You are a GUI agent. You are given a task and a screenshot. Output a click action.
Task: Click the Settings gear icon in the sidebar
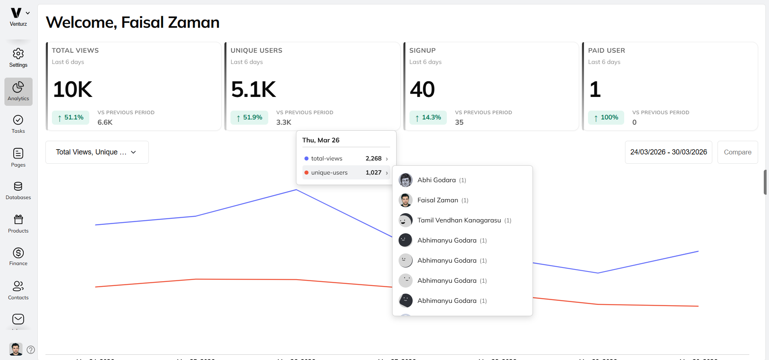pyautogui.click(x=18, y=54)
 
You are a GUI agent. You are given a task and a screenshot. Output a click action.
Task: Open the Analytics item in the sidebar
pyautogui.click(x=18, y=92)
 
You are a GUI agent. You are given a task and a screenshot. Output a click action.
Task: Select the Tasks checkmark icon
pyautogui.click(x=18, y=120)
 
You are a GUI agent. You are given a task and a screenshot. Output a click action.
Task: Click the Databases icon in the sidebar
pyautogui.click(x=18, y=187)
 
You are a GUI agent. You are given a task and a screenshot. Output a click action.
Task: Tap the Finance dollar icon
pyautogui.click(x=18, y=253)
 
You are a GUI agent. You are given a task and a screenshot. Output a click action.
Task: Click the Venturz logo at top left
pyautogui.click(x=16, y=13)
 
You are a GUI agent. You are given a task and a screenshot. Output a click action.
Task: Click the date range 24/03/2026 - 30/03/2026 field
pyautogui.click(x=668, y=152)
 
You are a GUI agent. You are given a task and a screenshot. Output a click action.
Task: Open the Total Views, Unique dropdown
pyautogui.click(x=97, y=152)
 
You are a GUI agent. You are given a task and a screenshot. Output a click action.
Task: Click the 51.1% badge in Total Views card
pyautogui.click(x=70, y=117)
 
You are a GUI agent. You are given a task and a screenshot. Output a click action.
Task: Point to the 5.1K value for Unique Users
pyautogui.click(x=253, y=89)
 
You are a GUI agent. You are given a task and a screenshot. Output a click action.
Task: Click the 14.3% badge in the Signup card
pyautogui.click(x=428, y=117)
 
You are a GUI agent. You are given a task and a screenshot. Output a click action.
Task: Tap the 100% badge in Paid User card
pyautogui.click(x=606, y=117)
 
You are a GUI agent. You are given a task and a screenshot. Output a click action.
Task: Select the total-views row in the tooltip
pyautogui.click(x=346, y=158)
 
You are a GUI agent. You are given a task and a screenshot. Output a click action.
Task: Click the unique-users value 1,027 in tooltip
pyautogui.click(x=373, y=173)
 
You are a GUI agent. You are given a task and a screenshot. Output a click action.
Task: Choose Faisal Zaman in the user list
pyautogui.click(x=438, y=200)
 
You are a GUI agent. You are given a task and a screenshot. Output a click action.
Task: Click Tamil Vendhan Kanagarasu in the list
pyautogui.click(x=459, y=220)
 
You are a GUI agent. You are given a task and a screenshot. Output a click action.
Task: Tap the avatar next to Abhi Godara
pyautogui.click(x=405, y=180)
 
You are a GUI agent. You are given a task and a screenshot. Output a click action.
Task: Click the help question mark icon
pyautogui.click(x=31, y=350)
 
